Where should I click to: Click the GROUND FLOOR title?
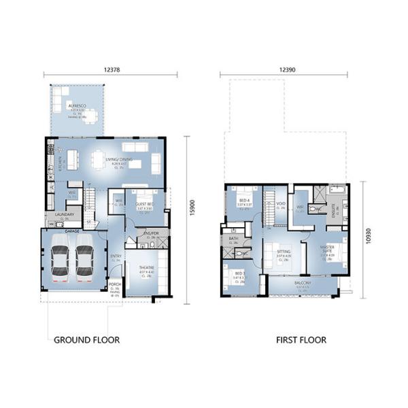[x=86, y=339]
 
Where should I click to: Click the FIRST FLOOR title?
[x=301, y=339]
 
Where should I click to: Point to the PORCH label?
[x=114, y=286]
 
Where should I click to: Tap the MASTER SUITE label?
[x=330, y=252]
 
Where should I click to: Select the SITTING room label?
[x=284, y=252]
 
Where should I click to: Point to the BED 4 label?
[x=244, y=201]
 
